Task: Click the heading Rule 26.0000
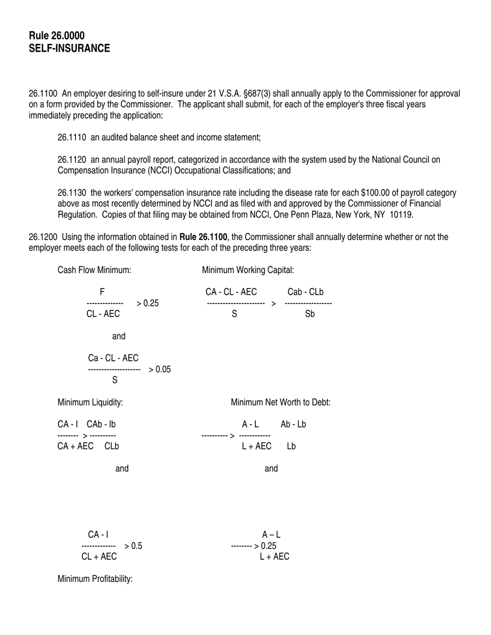coord(57,36)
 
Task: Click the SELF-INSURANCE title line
coord(69,49)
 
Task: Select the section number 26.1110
coord(72,137)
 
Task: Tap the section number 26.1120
coord(72,160)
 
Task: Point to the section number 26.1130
coord(72,193)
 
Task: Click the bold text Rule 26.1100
coord(203,237)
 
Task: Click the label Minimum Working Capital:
coord(248,270)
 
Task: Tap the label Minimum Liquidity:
coord(90,402)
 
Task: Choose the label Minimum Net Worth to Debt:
coord(280,402)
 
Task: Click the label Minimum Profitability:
coord(95,579)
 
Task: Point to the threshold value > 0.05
coord(160,370)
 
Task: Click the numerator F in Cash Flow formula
coord(102,292)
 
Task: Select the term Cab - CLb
coord(305,292)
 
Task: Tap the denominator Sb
coord(310,314)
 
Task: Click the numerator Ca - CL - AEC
coord(113,358)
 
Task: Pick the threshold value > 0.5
coord(133,546)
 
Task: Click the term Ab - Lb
coord(293,424)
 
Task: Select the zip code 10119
coord(402,215)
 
